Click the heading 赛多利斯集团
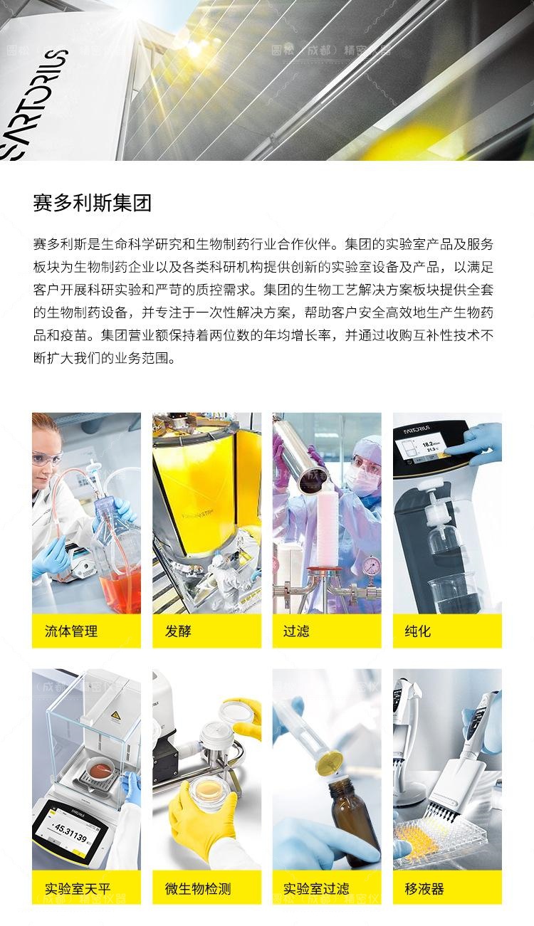tap(93, 203)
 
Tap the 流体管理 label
tap(71, 631)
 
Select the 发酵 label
tap(178, 631)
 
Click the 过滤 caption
tap(296, 631)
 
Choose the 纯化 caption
tap(418, 631)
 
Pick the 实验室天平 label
tap(78, 888)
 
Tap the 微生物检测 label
tap(198, 888)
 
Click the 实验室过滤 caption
tap(316, 888)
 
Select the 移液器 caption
tap(424, 888)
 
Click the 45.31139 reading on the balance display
tap(70, 832)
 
